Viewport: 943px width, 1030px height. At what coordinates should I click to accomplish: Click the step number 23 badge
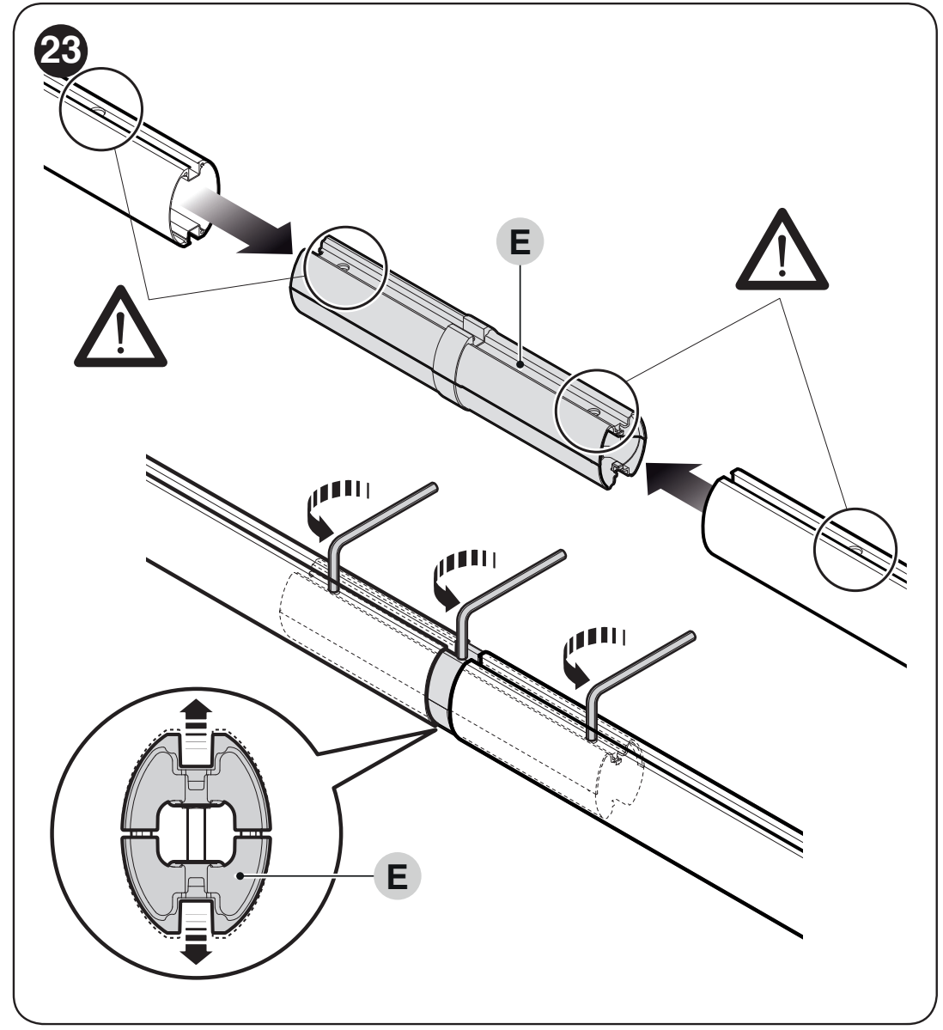60,52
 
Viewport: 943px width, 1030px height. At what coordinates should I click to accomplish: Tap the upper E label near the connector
520,241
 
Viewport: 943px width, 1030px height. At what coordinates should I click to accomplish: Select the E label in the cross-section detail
398,876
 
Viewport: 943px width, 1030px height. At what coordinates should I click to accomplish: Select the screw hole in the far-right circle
855,548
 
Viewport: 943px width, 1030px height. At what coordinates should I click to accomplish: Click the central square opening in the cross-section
197,833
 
